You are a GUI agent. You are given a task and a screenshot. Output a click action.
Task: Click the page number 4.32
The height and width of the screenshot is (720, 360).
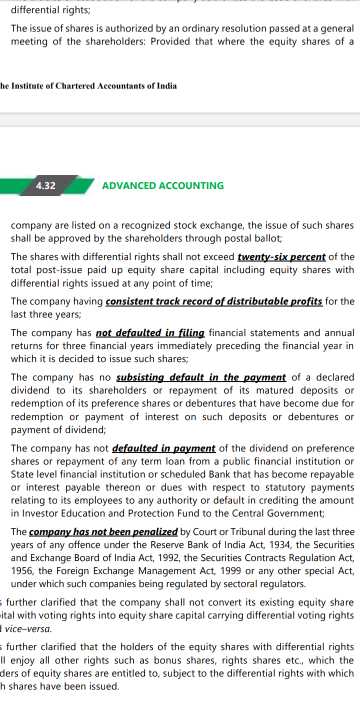point(45,185)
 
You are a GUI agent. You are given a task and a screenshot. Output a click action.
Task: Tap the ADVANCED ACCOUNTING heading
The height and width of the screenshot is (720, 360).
point(163,185)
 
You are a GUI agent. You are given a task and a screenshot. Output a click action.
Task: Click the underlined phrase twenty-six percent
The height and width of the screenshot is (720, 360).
point(281,257)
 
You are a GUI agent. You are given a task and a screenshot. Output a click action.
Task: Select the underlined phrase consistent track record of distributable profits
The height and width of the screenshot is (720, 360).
point(214,301)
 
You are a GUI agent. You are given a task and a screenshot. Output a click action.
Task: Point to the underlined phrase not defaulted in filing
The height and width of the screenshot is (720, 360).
point(150,333)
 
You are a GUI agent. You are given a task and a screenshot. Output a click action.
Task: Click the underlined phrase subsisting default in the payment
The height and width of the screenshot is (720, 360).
point(201,377)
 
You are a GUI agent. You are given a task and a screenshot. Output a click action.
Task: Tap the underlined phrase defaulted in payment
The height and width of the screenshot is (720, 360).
point(164,448)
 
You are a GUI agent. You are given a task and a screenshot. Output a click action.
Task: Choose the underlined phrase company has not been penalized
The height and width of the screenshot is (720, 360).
point(103,532)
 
